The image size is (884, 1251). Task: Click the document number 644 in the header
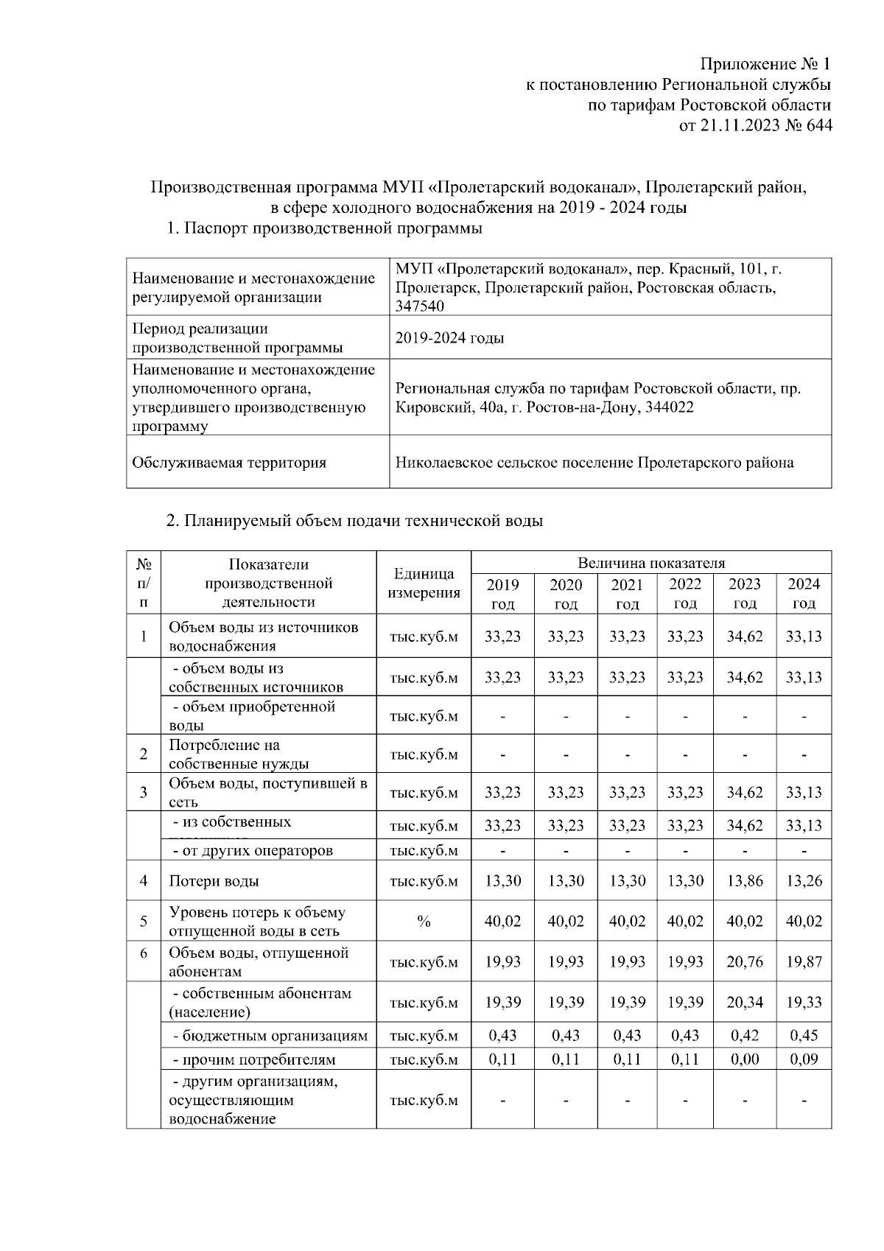815,126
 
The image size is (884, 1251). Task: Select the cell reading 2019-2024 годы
450,338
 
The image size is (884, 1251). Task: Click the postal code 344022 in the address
665,407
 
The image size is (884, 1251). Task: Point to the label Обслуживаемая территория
228,463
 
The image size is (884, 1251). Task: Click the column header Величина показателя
651,563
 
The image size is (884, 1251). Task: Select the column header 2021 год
627,594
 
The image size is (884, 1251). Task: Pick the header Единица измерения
424,583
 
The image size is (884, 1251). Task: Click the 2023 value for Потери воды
745,880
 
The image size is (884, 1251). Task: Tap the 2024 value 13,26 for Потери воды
804,880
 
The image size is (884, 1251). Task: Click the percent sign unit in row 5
424,922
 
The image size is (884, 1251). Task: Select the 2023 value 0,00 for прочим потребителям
745,1059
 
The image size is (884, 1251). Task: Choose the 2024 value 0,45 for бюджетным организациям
804,1035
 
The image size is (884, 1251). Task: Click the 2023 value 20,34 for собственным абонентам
745,1002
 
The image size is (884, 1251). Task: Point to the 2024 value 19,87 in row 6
804,961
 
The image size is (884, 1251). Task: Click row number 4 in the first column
144,880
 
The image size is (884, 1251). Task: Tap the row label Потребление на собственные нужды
239,754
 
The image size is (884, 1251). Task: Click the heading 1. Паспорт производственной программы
324,228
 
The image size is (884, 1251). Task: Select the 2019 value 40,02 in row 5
502,922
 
